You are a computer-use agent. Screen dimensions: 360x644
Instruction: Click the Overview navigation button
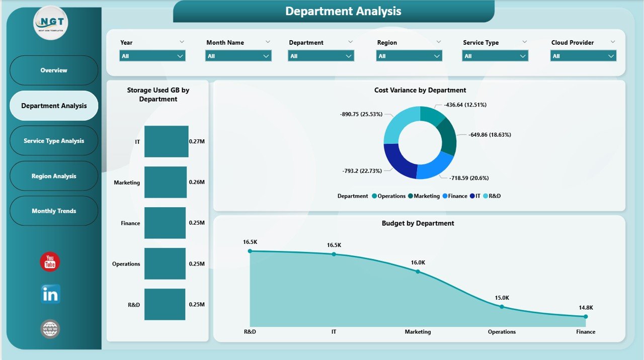coord(54,70)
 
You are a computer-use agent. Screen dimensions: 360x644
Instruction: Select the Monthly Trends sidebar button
coord(54,211)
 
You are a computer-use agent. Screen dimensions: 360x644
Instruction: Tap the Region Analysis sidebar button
coord(54,176)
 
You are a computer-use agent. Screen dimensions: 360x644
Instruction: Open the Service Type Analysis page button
coord(54,141)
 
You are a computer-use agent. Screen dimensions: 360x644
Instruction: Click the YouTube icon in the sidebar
coord(50,262)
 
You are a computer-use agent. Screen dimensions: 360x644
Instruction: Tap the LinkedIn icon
coord(50,294)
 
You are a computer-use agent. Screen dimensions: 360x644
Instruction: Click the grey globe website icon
coord(50,329)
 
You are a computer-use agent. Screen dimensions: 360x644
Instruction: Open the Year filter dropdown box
coord(152,56)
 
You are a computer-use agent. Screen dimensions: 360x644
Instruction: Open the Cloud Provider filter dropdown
coord(583,56)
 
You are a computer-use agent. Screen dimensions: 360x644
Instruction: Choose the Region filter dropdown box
coord(409,56)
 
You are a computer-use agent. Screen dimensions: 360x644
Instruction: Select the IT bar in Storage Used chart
coord(166,142)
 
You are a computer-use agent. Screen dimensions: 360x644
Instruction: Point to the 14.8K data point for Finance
coord(585,316)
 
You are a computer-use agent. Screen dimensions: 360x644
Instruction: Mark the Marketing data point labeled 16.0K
coord(418,272)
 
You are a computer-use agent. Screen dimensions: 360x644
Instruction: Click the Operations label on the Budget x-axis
coord(502,332)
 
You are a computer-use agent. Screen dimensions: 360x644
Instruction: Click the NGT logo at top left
coord(51,23)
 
